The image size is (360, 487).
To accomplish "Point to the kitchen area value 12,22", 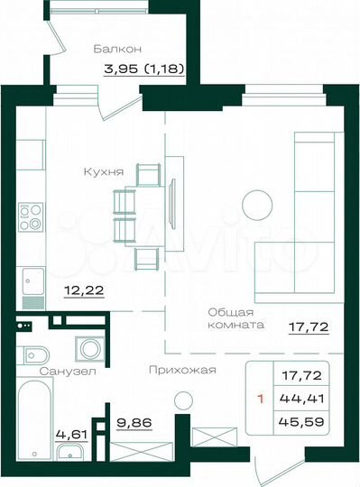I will click(78, 290).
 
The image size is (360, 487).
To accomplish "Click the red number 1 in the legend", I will click(261, 395).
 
